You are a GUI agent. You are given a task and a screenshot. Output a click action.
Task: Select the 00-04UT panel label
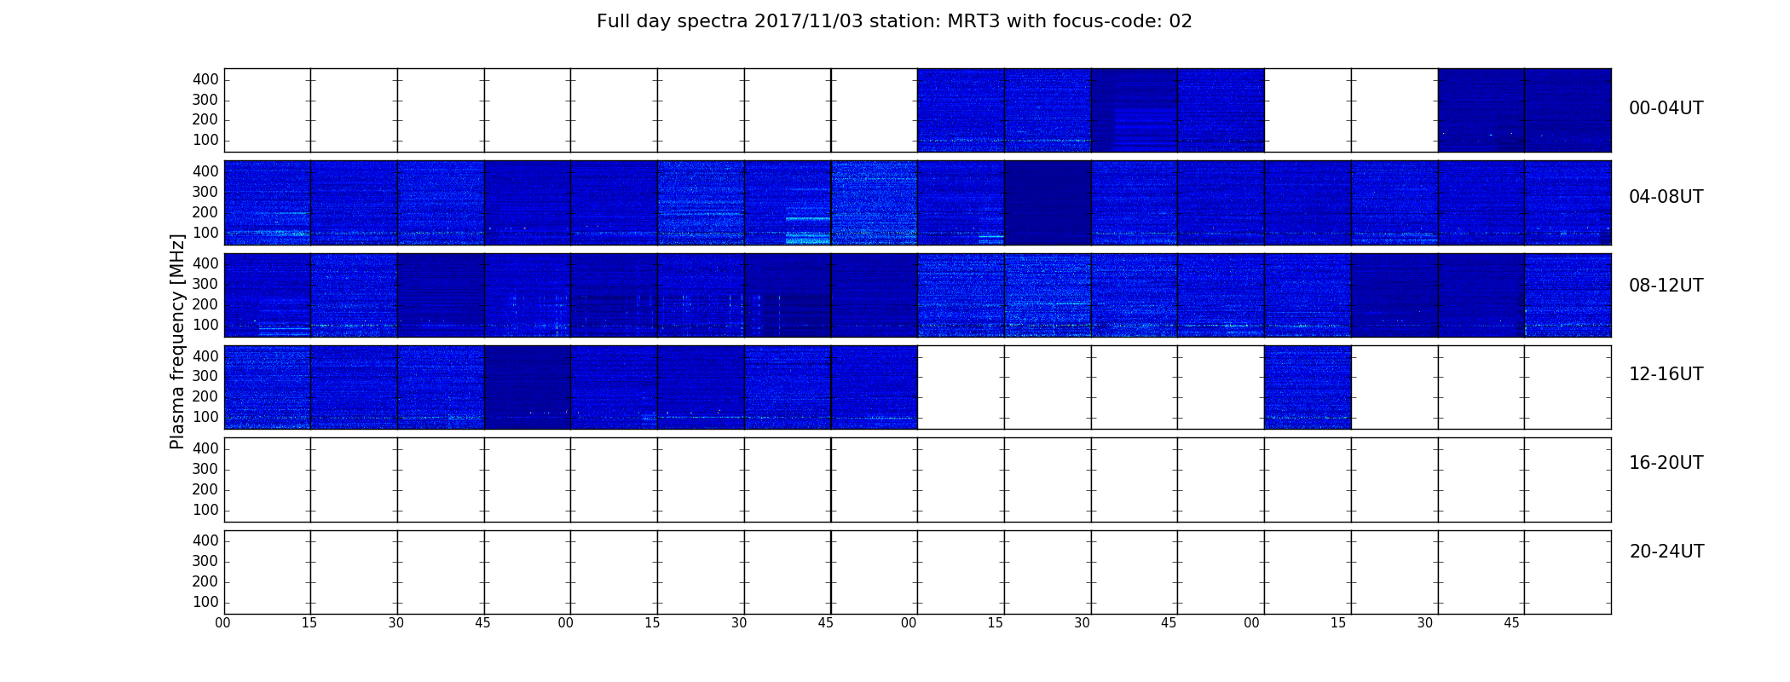pyautogui.click(x=1666, y=108)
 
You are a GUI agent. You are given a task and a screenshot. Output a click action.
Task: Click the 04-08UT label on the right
pyautogui.click(x=1666, y=197)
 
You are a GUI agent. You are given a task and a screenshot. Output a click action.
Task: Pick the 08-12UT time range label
pyautogui.click(x=1666, y=286)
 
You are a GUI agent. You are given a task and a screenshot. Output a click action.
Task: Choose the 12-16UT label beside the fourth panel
pyautogui.click(x=1666, y=374)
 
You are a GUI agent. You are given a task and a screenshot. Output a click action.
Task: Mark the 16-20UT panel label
pyautogui.click(x=1666, y=463)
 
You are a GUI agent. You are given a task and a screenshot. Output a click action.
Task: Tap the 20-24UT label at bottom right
pyautogui.click(x=1666, y=552)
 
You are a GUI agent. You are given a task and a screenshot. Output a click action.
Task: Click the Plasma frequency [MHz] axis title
pyautogui.click(x=177, y=341)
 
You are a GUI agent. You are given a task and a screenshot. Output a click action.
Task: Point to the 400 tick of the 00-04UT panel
pyautogui.click(x=205, y=79)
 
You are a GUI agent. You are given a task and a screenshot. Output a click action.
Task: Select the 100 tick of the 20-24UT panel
pyautogui.click(x=205, y=602)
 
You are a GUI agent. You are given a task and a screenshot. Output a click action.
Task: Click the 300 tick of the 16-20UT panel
pyautogui.click(x=205, y=469)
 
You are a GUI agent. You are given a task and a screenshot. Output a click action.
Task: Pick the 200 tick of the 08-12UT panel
pyautogui.click(x=205, y=304)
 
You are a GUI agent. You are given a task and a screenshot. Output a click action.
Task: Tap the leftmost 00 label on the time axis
pyautogui.click(x=222, y=623)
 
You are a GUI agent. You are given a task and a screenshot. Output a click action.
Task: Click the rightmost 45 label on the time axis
pyautogui.click(x=1511, y=623)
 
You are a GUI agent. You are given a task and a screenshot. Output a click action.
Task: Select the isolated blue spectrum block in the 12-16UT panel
pyautogui.click(x=1308, y=387)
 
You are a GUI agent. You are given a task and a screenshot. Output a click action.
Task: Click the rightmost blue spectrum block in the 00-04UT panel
pyautogui.click(x=1524, y=110)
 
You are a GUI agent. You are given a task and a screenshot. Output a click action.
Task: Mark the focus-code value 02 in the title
pyautogui.click(x=1181, y=21)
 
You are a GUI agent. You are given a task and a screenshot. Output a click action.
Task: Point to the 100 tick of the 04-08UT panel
pyautogui.click(x=205, y=233)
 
